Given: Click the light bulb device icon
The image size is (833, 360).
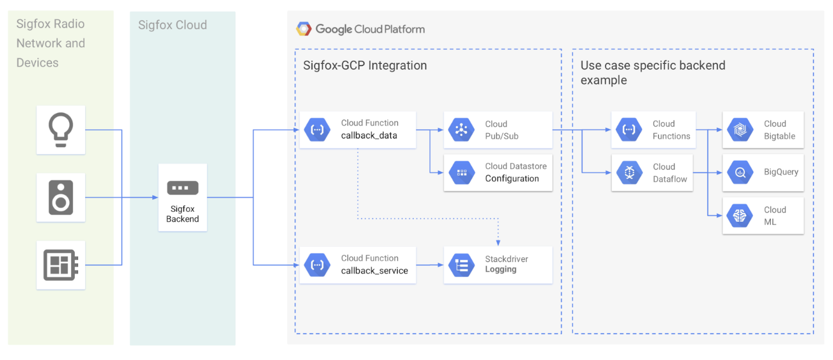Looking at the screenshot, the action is (x=61, y=130).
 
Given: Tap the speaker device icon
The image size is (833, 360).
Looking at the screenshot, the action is (x=61, y=198).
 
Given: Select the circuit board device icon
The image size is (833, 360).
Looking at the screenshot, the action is (x=61, y=265).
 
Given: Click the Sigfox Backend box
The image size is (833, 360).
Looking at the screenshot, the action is (x=183, y=198).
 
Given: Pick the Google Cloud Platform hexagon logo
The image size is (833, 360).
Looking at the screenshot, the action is (x=304, y=29).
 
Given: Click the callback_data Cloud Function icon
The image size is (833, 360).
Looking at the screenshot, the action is (x=317, y=130).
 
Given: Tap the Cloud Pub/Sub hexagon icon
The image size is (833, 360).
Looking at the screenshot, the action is (x=462, y=130).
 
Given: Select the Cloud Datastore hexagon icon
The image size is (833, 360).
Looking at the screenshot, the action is (x=462, y=172).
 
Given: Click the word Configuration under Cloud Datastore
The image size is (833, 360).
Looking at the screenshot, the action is (x=512, y=178).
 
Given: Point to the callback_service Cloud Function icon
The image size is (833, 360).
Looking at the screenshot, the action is (x=317, y=265).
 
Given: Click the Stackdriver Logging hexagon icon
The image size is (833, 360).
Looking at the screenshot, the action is (x=462, y=265).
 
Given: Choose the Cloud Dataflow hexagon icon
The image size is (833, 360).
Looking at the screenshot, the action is (x=629, y=172).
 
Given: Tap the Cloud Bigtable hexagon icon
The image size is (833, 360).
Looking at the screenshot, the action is (x=740, y=130).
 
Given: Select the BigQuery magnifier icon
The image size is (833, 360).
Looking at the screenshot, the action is (x=740, y=172).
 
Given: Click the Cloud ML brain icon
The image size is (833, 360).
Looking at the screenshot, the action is (x=740, y=215).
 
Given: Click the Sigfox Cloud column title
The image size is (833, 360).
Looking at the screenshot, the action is (x=173, y=25).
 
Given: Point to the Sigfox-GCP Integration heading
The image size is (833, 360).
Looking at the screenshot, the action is (x=365, y=66).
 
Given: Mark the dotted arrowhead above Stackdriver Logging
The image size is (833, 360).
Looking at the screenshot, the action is (x=498, y=243).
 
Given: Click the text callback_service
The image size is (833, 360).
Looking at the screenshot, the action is (x=375, y=271).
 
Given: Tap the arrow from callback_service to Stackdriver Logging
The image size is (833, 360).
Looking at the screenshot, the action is (x=430, y=265).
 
